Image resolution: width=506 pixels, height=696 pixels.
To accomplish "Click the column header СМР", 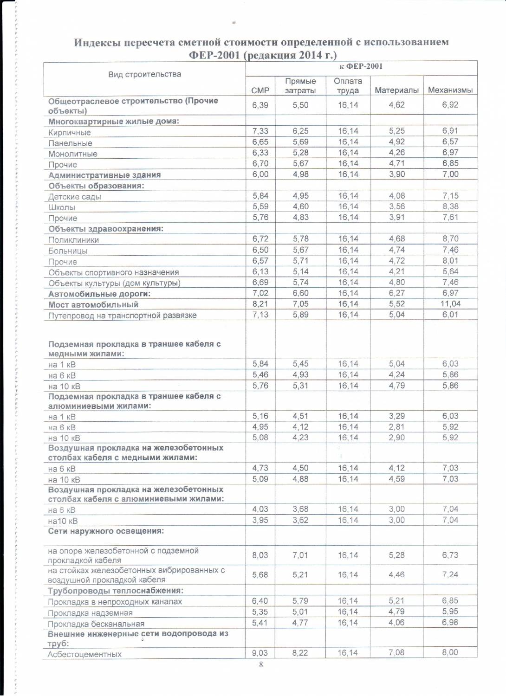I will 260,90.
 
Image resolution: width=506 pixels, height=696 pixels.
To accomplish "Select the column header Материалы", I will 396,90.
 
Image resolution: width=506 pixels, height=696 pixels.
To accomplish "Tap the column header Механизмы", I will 450,90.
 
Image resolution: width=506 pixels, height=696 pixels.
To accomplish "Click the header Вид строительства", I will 144,74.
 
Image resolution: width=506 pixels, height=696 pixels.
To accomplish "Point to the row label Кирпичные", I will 70,132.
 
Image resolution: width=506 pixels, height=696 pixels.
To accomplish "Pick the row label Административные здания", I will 104,175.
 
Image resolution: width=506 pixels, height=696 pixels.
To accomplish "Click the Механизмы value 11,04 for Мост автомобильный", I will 450,304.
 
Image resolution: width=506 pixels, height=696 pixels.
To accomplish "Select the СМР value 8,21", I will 260,304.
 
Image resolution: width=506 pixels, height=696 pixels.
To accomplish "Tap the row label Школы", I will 62,207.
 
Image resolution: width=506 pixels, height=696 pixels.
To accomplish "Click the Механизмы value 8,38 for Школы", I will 450,206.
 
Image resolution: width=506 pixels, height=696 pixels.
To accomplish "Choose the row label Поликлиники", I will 73,240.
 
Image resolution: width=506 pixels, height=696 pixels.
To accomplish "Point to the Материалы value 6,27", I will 396,293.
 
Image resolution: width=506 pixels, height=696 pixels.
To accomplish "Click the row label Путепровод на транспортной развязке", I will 123,316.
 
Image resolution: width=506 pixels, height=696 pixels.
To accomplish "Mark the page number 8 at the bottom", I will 261,664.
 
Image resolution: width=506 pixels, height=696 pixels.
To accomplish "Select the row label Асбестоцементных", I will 84,654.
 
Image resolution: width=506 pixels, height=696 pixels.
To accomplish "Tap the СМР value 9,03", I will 260,653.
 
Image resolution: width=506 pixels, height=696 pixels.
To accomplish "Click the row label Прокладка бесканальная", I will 96,624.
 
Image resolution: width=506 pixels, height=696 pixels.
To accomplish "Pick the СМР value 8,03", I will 260,555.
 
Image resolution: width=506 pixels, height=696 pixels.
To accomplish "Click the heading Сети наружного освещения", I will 106,531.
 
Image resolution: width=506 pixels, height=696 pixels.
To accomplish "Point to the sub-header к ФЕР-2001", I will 361,66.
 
